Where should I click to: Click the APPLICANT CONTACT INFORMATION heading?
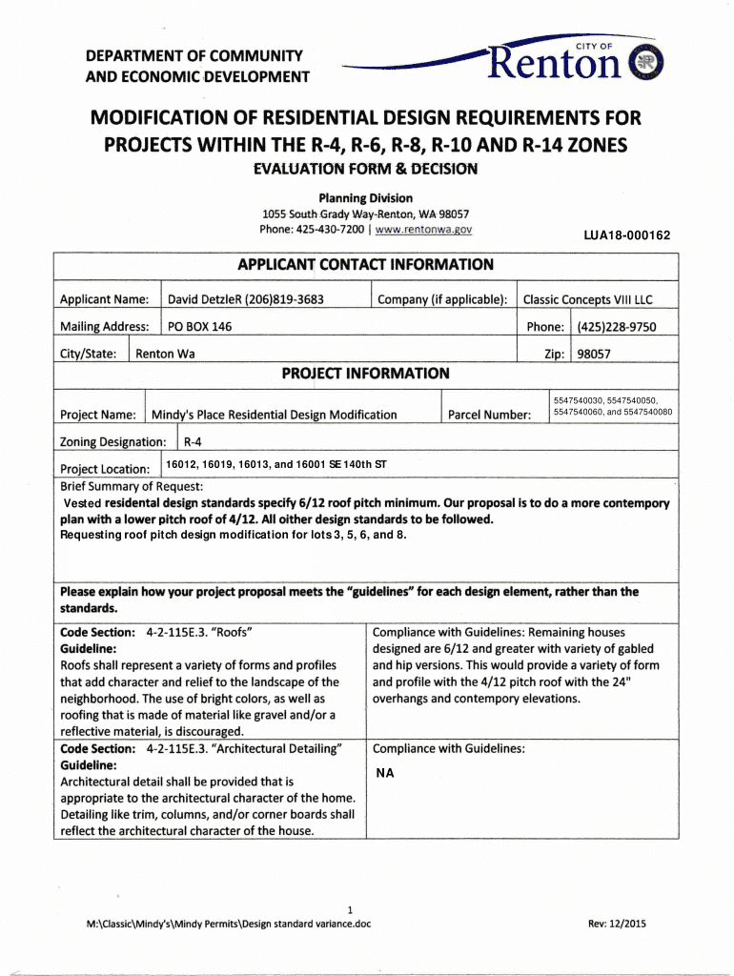tap(366, 265)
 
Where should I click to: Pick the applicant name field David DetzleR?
tap(246, 300)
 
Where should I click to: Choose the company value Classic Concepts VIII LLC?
tap(588, 300)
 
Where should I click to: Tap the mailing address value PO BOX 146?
tap(199, 327)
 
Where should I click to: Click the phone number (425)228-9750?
tap(616, 327)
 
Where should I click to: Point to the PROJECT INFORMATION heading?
tap(366, 374)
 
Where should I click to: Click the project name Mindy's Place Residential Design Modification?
tap(275, 415)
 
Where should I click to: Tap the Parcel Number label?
tap(489, 415)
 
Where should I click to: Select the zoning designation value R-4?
tap(193, 442)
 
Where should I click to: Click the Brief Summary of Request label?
tap(131, 486)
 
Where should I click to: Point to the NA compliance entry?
tap(385, 773)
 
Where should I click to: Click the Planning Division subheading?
tap(366, 198)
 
